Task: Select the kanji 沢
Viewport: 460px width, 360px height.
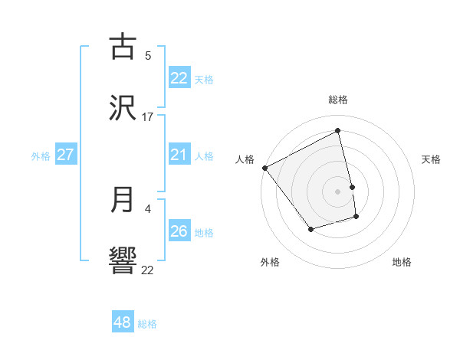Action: click(x=123, y=108)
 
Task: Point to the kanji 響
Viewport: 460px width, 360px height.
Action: click(x=123, y=261)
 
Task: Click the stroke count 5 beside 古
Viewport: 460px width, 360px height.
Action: click(x=148, y=55)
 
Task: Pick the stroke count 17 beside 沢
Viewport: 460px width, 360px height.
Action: click(x=148, y=117)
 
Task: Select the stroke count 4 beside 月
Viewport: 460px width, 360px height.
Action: click(x=148, y=208)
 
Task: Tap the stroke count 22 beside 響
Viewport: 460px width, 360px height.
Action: click(x=148, y=270)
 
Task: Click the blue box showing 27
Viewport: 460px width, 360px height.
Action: click(x=65, y=155)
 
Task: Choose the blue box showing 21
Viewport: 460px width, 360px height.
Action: click(x=179, y=155)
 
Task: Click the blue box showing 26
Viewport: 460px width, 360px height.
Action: click(x=179, y=231)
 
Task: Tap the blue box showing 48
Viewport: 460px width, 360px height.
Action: click(x=123, y=322)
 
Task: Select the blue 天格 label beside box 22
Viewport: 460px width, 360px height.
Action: click(x=204, y=79)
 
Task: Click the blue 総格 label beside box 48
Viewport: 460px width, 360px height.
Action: click(x=147, y=324)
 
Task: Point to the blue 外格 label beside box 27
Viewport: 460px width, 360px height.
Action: click(x=41, y=156)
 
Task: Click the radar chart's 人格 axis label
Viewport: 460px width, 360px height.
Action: click(x=245, y=159)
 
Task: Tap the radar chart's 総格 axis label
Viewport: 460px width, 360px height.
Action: click(x=338, y=100)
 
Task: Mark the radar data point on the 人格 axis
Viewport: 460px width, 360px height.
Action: click(x=264, y=168)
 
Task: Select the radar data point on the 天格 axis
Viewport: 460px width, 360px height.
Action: click(x=352, y=187)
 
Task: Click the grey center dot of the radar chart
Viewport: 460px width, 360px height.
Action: click(x=338, y=191)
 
